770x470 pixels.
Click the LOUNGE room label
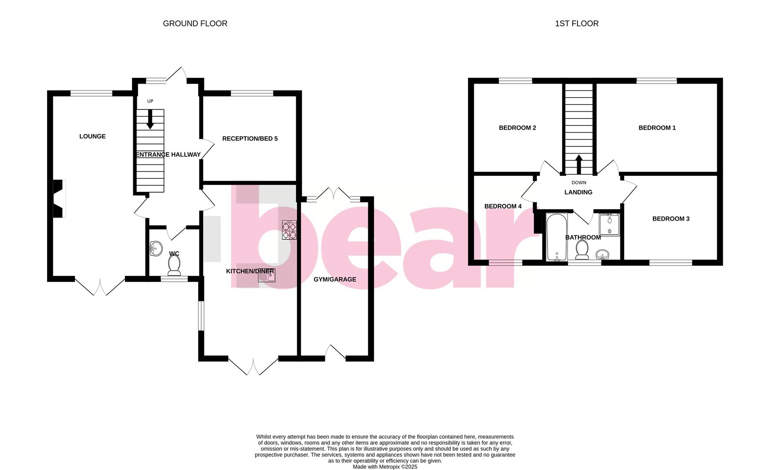pos(92,136)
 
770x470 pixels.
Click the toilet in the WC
pos(174,265)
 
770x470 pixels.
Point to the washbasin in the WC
pos(155,249)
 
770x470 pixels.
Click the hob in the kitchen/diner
pos(290,230)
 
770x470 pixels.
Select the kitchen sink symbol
pos(267,275)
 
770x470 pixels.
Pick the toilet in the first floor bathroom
pos(582,251)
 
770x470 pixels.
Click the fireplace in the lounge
pos(59,198)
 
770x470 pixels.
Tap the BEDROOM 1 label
pos(657,128)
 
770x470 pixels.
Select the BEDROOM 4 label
pos(503,206)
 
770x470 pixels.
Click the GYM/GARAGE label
pos(334,279)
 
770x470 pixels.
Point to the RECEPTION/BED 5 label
pos(250,138)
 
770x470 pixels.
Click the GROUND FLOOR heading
pos(195,23)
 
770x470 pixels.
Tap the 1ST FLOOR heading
pos(576,23)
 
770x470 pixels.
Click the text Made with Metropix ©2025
pos(385,467)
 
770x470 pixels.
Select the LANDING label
pos(578,192)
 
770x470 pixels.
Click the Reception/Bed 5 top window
pos(252,93)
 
